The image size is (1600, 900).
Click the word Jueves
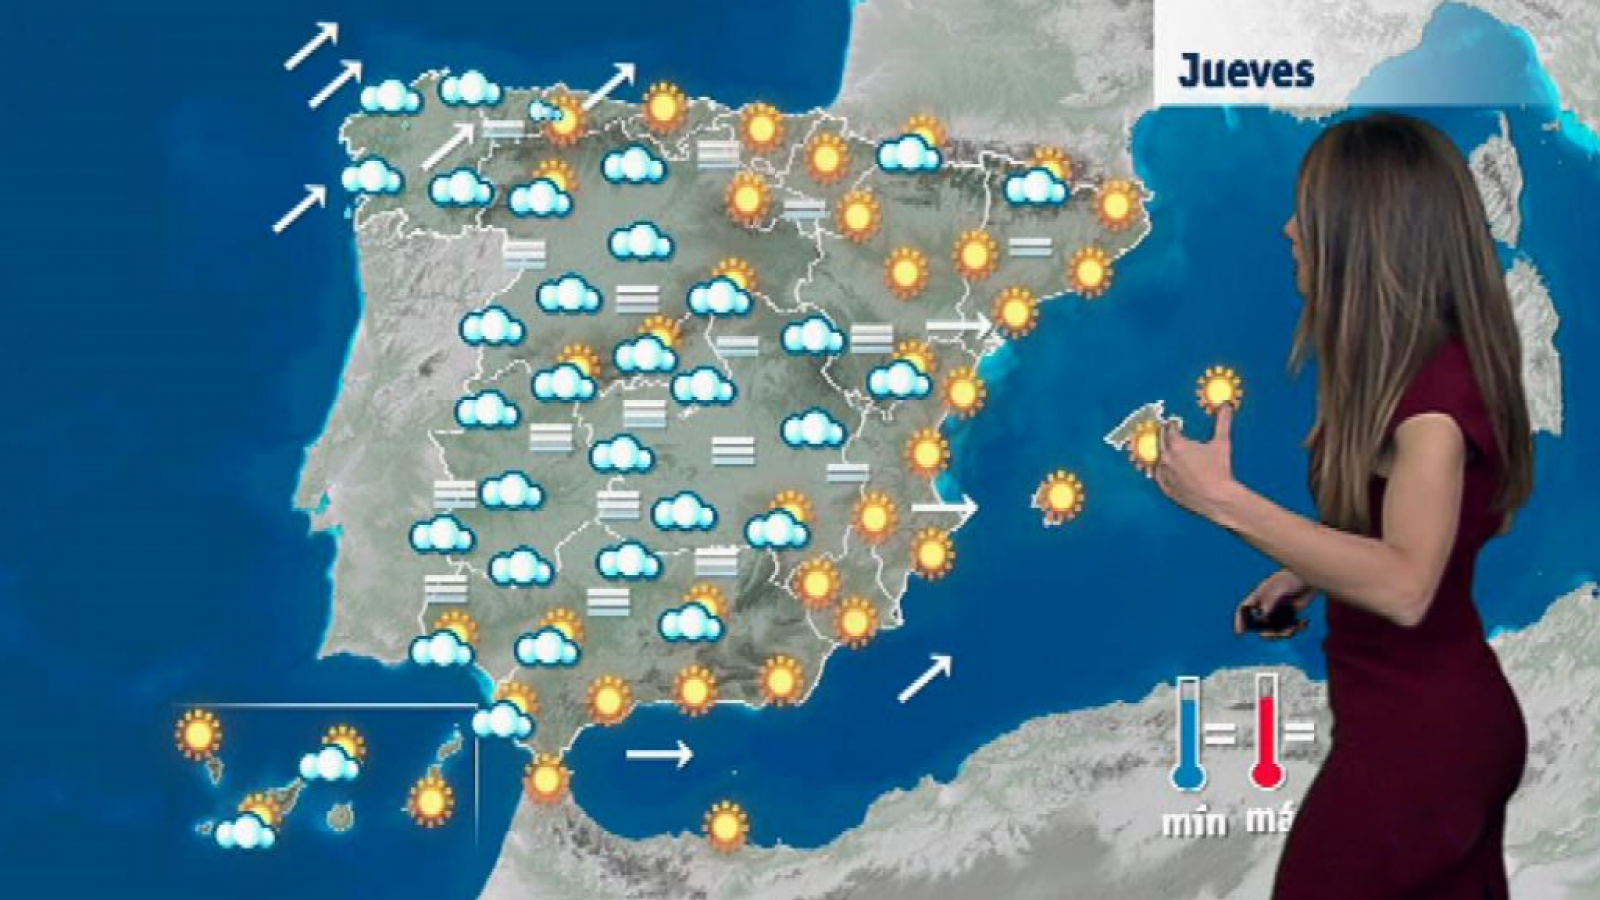[1245, 71]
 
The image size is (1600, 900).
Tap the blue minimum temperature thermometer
[1187, 735]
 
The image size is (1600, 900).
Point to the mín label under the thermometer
[1195, 822]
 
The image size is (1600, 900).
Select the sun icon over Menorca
[1218, 389]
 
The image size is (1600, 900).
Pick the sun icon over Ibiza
[1060, 496]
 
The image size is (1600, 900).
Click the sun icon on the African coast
[725, 825]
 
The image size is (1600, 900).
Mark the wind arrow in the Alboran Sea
[659, 753]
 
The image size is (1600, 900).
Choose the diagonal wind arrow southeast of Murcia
[925, 678]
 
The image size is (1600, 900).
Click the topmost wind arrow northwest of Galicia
[312, 46]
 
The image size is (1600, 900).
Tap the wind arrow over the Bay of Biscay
[608, 86]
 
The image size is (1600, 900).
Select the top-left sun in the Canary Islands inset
[198, 734]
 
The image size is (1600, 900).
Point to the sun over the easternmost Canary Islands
[431, 800]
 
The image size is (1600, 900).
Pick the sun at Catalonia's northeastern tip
[1117, 205]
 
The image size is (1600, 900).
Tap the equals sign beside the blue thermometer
[1219, 734]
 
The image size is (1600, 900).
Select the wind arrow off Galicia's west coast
[299, 209]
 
